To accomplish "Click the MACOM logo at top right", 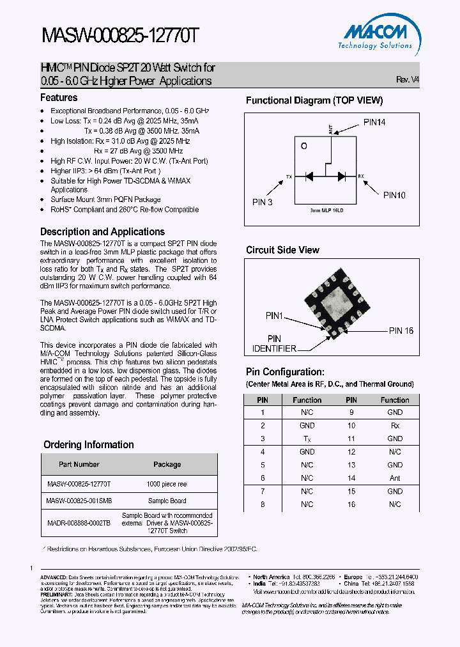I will point(379,36).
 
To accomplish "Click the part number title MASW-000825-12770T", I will point(121,37).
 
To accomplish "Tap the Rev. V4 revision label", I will point(407,80).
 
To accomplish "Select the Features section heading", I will point(59,98).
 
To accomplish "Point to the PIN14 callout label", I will point(374,122).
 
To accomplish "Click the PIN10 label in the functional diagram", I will point(394,196).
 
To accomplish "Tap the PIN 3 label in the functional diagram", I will point(262,202).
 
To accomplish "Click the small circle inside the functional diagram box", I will point(304,146).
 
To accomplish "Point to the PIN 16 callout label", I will point(401,331).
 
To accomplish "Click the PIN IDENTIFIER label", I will point(273,343).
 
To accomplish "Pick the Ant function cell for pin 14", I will point(395,478).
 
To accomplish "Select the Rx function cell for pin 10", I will point(395,426).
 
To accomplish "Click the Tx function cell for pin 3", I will point(307,439).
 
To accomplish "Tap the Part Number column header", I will point(79,464).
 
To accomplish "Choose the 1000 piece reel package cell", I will point(167,484).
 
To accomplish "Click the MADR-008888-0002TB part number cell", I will point(79,522).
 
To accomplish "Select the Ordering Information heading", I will point(88,445).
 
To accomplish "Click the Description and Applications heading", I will point(102,232).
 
